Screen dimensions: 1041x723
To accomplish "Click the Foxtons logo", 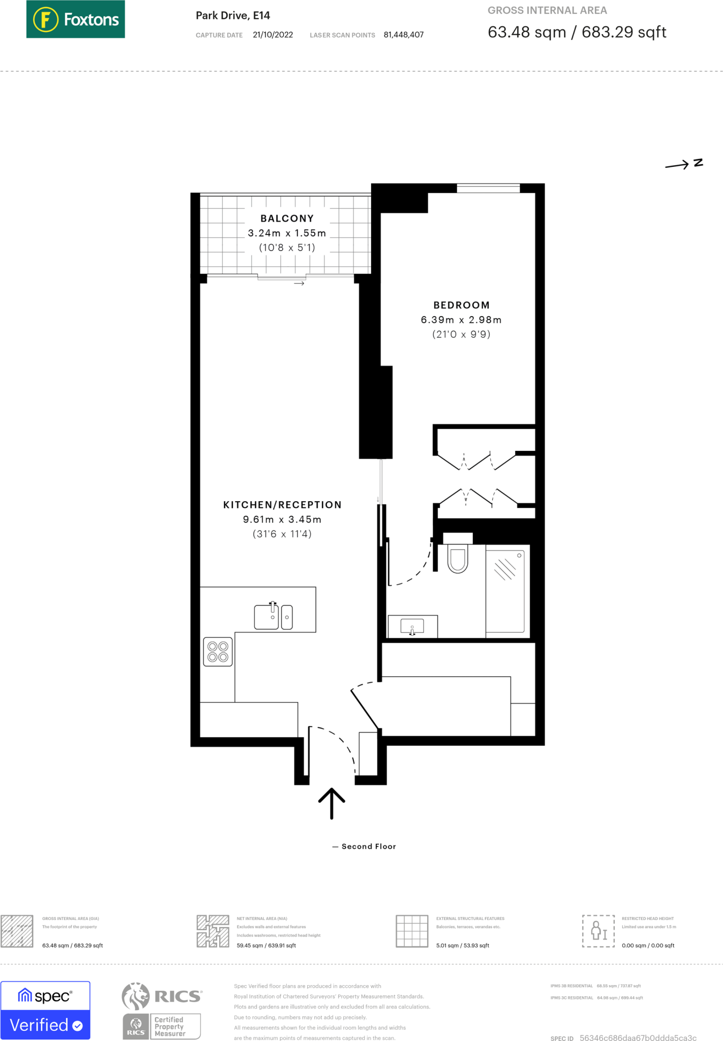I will pyautogui.click(x=75, y=19).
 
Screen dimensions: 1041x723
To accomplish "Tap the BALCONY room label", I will pyautogui.click(x=287, y=219).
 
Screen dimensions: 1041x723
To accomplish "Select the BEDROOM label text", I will pyautogui.click(x=461, y=305).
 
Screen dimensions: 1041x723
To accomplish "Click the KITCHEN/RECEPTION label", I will pyautogui.click(x=282, y=505).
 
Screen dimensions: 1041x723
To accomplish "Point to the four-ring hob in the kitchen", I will pyautogui.click(x=218, y=652).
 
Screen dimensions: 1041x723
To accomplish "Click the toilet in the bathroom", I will pyautogui.click(x=458, y=559).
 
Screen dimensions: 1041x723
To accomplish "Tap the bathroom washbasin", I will pyautogui.click(x=412, y=626).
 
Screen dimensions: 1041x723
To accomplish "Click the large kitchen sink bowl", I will pyautogui.click(x=266, y=617).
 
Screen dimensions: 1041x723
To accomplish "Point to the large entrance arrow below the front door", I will pyautogui.click(x=332, y=803).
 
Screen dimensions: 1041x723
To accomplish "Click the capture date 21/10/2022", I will pyautogui.click(x=273, y=35).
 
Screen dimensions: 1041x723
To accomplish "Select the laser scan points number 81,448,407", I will pyautogui.click(x=403, y=35).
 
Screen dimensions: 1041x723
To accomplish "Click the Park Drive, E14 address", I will pyautogui.click(x=233, y=16).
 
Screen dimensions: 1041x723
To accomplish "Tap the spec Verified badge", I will pyautogui.click(x=45, y=1010).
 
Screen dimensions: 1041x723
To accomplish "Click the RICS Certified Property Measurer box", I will pyautogui.click(x=162, y=1026).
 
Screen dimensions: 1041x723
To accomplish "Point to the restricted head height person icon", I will pyautogui.click(x=598, y=931).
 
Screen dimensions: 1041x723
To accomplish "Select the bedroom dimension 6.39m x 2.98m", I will pyautogui.click(x=461, y=320).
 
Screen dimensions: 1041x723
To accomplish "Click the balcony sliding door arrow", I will pyautogui.click(x=299, y=283).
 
